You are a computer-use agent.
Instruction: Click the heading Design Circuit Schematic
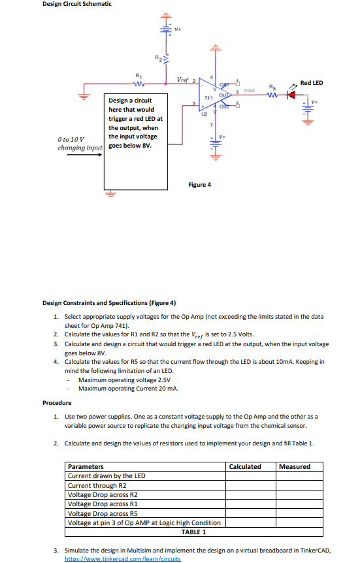tap(76, 4)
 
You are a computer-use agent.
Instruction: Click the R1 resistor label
tap(137, 75)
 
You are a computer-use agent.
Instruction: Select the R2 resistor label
tap(157, 59)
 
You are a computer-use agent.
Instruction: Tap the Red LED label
tap(312, 83)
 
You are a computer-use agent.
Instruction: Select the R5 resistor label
tap(272, 86)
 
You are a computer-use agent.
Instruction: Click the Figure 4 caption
tap(199, 185)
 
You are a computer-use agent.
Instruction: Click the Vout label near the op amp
tap(249, 91)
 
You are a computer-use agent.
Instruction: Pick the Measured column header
tap(295, 466)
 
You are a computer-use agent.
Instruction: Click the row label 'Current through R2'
tap(97, 485)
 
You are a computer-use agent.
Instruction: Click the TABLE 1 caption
tap(194, 531)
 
